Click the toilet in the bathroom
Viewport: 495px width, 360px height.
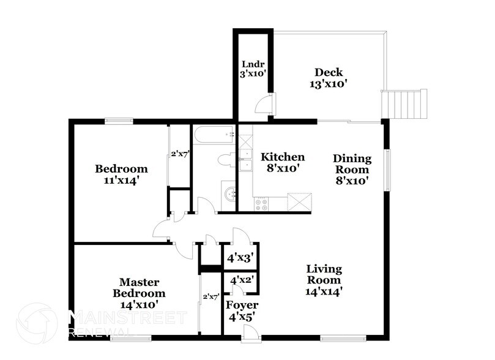click(225, 160)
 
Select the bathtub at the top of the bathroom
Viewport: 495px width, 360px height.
click(214, 134)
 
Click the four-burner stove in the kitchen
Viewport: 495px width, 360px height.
click(261, 203)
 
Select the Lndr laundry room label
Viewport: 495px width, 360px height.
click(252, 63)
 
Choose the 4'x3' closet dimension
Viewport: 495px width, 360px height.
click(240, 258)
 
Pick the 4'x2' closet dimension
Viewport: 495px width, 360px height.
click(241, 280)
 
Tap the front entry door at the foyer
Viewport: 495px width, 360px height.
click(249, 332)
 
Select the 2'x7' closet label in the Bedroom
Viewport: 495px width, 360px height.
click(178, 155)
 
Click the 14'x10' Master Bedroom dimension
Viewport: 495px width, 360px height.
click(139, 304)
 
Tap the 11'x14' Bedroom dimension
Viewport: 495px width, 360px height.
click(121, 181)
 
